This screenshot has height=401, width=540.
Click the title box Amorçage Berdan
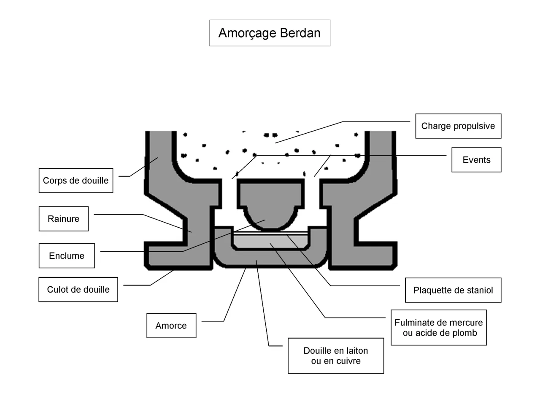[x=270, y=33]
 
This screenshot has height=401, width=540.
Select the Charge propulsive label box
[x=458, y=126]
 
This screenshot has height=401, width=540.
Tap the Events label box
[x=476, y=160]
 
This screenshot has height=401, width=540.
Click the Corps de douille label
[x=76, y=180]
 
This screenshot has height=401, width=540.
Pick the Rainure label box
[x=64, y=219]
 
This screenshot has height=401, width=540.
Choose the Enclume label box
[x=67, y=256]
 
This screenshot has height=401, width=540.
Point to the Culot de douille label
[x=78, y=290]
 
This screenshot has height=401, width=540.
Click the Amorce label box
[x=171, y=326]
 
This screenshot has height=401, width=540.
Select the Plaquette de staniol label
[x=453, y=290]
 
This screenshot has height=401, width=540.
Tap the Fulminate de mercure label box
[x=439, y=328]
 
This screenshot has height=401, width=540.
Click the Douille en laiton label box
[x=336, y=356]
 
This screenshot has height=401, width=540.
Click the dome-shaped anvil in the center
[x=271, y=205]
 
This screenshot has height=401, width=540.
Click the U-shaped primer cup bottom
[x=270, y=258]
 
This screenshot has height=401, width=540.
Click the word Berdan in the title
[x=300, y=33]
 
